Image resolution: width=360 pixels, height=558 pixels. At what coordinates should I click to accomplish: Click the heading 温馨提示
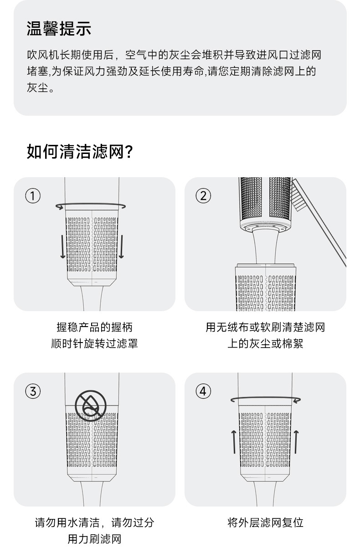pos(59,28)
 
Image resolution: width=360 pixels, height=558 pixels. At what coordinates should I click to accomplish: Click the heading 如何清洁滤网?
pos(80,151)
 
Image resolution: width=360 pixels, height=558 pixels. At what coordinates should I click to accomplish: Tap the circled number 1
pos(33,196)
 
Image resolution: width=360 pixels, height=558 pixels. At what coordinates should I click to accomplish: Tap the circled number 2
pos(203,196)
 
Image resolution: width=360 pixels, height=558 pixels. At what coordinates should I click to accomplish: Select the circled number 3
pos(33,391)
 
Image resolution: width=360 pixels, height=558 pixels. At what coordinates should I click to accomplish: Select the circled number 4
pos(203,391)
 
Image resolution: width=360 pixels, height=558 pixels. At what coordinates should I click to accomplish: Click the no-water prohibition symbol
pos(91,406)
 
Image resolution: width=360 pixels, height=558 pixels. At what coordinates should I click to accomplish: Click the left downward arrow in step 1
pos(62,246)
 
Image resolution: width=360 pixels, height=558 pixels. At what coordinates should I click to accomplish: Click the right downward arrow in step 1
pos(121,246)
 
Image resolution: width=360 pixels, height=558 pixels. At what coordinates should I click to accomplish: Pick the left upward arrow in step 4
pos(234,442)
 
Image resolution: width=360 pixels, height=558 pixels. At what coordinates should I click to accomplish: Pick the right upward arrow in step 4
pos(296,442)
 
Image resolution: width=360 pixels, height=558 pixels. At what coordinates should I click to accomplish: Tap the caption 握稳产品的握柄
pos(94,327)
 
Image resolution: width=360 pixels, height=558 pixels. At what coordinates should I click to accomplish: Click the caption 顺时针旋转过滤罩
pos(94,343)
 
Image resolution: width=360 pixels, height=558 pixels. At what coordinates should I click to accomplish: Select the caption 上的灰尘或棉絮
pos(265,343)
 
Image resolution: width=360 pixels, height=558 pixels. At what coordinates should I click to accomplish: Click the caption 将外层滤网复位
pos(265,522)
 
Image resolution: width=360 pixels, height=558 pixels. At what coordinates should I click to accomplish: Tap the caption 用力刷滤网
pos(94,539)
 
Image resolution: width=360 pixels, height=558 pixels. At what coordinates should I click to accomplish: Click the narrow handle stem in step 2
pos(266,246)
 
